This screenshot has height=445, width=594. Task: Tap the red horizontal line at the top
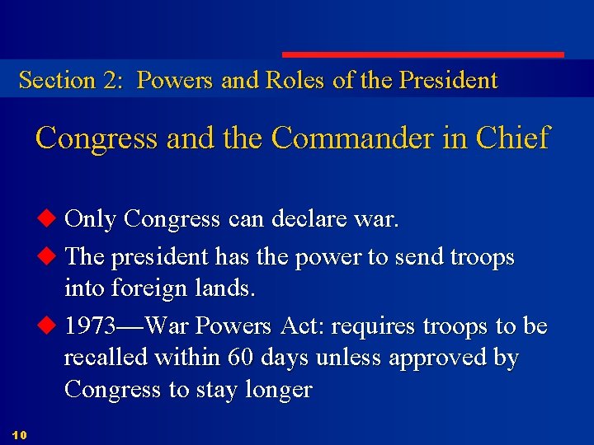423,55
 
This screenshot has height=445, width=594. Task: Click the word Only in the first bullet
91,219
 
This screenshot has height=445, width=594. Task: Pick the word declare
305,219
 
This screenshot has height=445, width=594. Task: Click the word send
419,257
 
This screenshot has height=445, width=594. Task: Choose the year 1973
92,326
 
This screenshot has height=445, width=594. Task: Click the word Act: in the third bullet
304,326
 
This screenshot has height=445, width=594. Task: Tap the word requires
375,327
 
